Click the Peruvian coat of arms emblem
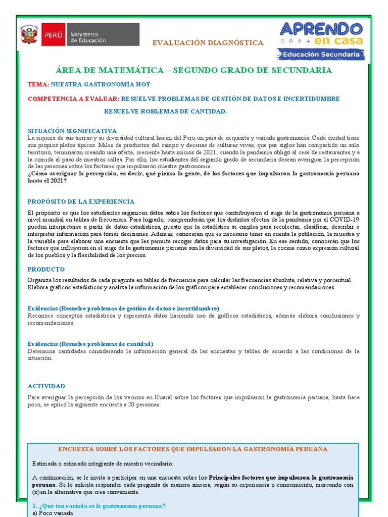point(29,35)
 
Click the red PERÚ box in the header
point(53,35)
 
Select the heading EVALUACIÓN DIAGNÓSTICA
point(208,43)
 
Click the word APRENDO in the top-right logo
point(321,29)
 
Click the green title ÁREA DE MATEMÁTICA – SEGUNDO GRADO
point(194,70)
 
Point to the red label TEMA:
point(38,84)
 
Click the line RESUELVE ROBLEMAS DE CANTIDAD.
point(166,111)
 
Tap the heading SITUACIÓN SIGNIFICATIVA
point(72,131)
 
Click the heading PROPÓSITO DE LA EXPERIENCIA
point(81,201)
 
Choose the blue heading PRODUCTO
point(46,270)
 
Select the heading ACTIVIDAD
point(46,386)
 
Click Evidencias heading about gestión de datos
point(123,308)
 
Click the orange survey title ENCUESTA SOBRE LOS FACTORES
point(193,449)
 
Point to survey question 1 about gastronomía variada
point(99,506)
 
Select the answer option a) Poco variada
point(53,513)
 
